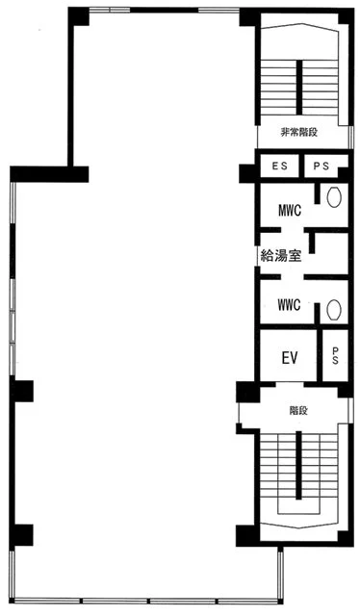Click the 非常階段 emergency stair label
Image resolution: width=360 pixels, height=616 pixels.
(298, 133)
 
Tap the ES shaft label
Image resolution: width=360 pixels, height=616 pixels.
(279, 166)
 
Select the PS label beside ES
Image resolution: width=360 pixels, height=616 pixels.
(321, 166)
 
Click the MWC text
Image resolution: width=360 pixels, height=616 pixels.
(290, 211)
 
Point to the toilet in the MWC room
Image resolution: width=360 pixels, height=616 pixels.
(334, 196)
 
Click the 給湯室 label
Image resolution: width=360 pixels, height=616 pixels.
(281, 256)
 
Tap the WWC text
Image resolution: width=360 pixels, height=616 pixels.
(289, 305)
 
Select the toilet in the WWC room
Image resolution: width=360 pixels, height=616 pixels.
(334, 310)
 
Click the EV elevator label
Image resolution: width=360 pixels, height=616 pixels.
(290, 358)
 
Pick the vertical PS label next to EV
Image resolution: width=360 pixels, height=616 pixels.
(335, 355)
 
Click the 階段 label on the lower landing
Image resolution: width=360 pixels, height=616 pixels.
(298, 411)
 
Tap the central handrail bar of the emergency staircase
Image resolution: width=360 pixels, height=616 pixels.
(299, 88)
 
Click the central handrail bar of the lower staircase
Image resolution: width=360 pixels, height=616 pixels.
(298, 466)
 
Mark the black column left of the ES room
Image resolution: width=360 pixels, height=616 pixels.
(247, 173)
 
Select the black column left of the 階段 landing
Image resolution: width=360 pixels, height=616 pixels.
(247, 392)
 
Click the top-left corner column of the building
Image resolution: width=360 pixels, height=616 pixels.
(78, 16)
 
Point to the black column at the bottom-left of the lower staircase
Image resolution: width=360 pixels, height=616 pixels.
(246, 535)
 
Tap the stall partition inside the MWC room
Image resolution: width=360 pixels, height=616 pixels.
(317, 193)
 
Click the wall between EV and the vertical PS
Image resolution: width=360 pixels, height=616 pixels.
(320, 355)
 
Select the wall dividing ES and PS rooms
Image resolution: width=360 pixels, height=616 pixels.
(301, 166)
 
